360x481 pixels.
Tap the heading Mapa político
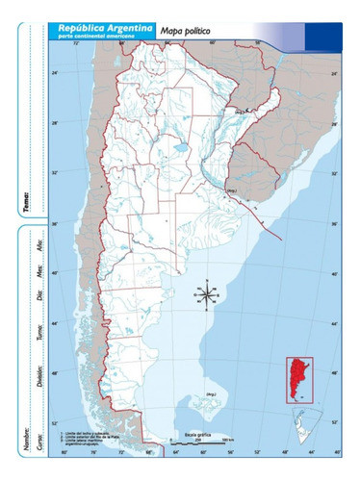pos(185,33)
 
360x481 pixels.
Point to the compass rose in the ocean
pos(208,294)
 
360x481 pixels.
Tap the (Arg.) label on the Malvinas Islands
pos(210,394)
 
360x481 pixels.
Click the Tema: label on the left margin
pos(27,202)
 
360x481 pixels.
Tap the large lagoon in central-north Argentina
pos(179,149)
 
